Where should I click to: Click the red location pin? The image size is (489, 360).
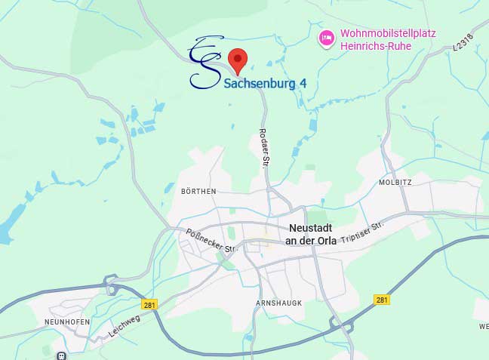tap(238, 59)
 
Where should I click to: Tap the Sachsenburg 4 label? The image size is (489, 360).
tap(269, 82)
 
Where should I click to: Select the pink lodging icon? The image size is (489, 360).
tap(326, 38)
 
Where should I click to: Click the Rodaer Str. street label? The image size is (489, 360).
tap(265, 146)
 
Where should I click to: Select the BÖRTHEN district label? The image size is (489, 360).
tap(198, 192)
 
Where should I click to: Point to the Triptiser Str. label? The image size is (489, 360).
tap(362, 232)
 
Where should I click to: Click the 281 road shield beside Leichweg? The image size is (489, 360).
tap(149, 303)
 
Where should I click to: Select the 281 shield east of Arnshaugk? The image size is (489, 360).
tap(382, 300)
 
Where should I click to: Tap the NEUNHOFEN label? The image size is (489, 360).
tap(67, 322)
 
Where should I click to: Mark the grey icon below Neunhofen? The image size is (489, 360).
tap(61, 355)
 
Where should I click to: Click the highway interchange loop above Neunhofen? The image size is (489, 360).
tap(113, 288)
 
